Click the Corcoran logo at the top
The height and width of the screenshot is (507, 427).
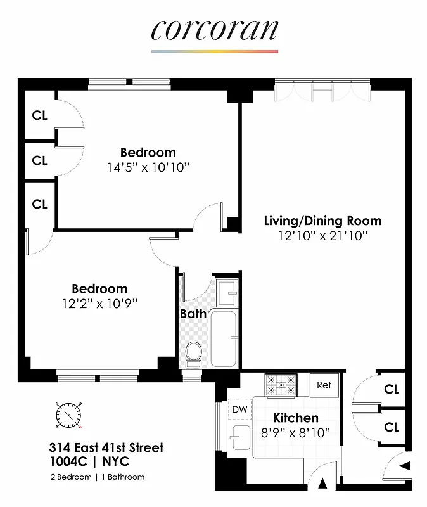tap(215, 30)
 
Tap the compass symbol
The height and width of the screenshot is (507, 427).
tap(68, 415)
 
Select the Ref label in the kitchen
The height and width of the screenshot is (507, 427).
tap(324, 385)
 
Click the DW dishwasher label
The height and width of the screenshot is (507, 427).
tap(239, 409)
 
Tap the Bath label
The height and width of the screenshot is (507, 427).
tap(193, 313)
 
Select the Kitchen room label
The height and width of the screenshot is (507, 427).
tap(295, 418)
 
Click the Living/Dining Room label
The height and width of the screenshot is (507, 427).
tap(322, 221)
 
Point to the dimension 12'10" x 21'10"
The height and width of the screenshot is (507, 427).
tap(323, 236)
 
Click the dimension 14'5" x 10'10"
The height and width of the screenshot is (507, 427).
tap(148, 167)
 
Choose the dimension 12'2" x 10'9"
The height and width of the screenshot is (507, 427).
tap(99, 303)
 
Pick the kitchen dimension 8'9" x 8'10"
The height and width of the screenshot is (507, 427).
tap(295, 433)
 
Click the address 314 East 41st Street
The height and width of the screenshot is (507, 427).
tap(107, 448)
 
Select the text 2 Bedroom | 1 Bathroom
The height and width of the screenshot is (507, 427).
tap(98, 477)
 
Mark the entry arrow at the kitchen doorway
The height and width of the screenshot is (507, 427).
tap(322, 484)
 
